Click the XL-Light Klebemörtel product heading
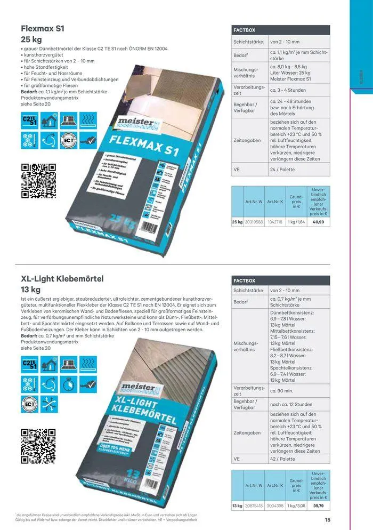coord(62,278)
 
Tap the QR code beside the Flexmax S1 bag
coord(38,181)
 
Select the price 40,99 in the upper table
coord(319,221)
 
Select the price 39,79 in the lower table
coord(319,505)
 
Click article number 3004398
coord(275,505)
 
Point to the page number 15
coord(327,519)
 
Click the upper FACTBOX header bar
coord(281,30)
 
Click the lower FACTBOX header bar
coord(281,280)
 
